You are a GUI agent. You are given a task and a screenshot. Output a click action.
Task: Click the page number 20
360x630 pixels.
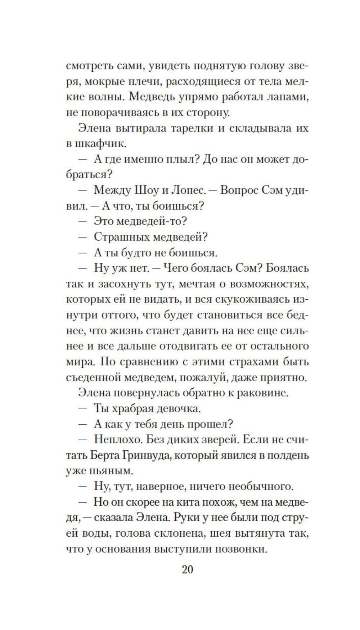tap(188, 570)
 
